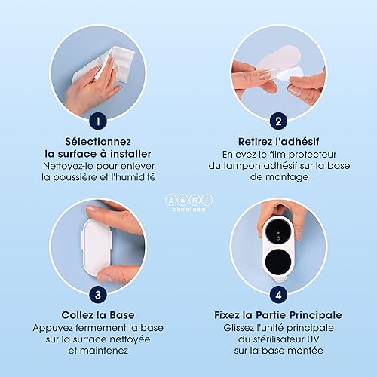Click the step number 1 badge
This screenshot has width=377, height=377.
(98, 121)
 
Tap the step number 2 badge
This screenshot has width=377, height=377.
(278, 121)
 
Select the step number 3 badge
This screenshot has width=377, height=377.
(98, 295)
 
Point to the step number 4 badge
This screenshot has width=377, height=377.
(278, 295)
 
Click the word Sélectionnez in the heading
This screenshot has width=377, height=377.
(98, 142)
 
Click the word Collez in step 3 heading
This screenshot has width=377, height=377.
(76, 315)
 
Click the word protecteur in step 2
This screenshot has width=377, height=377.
(312, 155)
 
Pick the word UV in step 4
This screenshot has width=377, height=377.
(313, 339)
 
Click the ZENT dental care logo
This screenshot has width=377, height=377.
(189, 202)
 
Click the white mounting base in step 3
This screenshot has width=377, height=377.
(97, 247)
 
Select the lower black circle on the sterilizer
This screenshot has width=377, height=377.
(278, 262)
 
